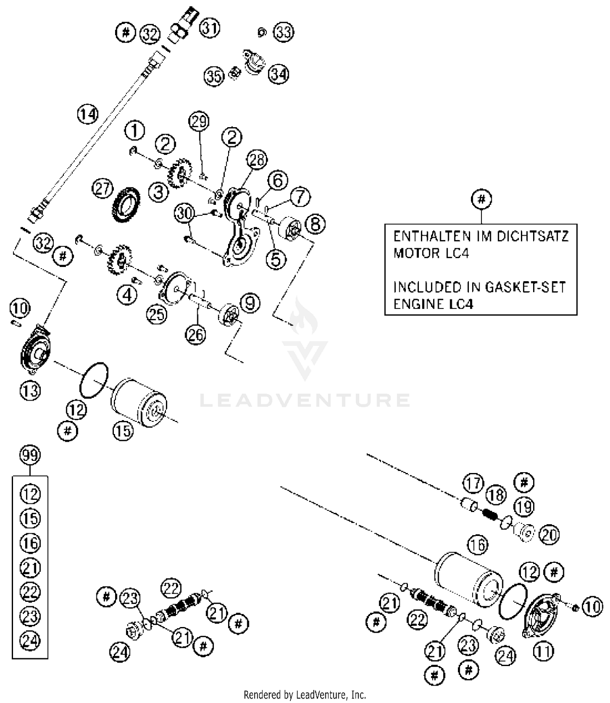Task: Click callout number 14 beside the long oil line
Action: click(88, 114)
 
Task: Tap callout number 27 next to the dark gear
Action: click(102, 189)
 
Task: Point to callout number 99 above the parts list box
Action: click(30, 455)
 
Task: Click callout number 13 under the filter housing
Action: click(30, 391)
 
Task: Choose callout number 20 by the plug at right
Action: click(549, 534)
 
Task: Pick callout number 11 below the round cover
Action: click(543, 652)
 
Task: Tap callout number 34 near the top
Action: click(279, 74)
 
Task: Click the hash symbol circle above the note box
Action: click(481, 199)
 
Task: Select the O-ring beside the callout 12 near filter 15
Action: click(94, 380)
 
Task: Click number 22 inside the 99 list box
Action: click(30, 592)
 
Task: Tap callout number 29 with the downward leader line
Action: click(199, 122)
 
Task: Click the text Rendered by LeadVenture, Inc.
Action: click(305, 694)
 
